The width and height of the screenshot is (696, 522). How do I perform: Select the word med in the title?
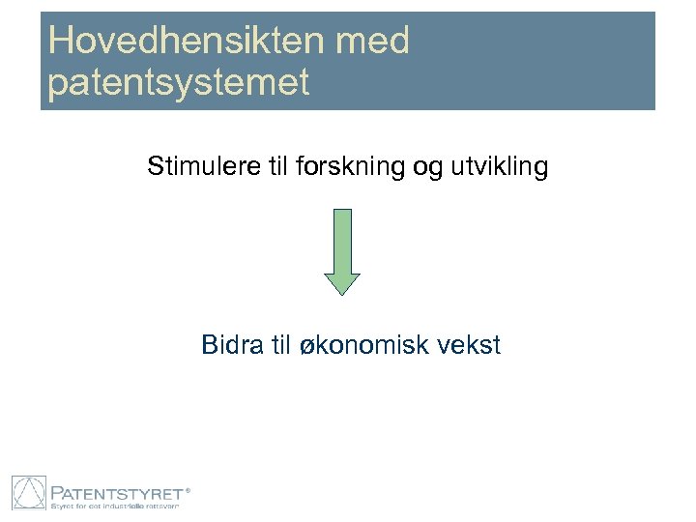pos(376,42)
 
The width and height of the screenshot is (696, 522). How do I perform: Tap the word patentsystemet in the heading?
pos(179,82)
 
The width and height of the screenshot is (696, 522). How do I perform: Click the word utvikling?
pos(500,168)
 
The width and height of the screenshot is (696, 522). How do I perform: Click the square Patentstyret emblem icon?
pos(28,493)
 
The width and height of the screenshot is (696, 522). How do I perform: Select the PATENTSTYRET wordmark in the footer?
pos(115,489)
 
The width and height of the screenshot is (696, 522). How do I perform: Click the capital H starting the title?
pos(60,42)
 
